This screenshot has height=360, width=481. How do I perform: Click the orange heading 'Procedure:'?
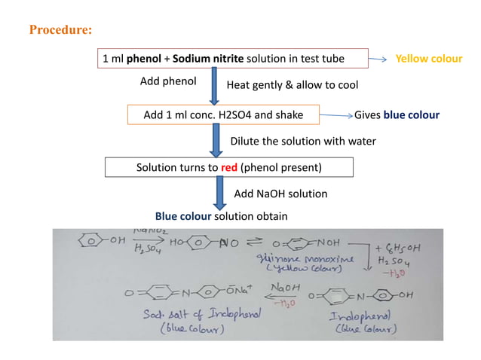pyautogui.click(x=61, y=31)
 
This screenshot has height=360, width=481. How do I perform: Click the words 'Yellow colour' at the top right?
pyautogui.click(x=429, y=58)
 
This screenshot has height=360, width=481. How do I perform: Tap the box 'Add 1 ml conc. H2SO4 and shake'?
pyautogui.click(x=223, y=115)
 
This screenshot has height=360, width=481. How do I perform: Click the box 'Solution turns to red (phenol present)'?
pyautogui.click(x=217, y=167)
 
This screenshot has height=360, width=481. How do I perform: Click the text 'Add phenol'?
pyautogui.click(x=169, y=81)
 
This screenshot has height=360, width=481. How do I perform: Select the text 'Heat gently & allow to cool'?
pyautogui.click(x=293, y=85)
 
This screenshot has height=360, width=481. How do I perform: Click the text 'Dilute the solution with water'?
pyautogui.click(x=302, y=142)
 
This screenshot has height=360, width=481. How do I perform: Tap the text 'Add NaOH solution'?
pyautogui.click(x=280, y=194)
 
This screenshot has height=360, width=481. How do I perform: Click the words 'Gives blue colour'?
pyautogui.click(x=397, y=115)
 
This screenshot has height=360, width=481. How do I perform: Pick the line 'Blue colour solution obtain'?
pyautogui.click(x=221, y=216)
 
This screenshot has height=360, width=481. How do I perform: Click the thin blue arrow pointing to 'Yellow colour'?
pyautogui.click(x=381, y=59)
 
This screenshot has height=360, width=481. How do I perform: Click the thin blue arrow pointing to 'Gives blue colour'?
pyautogui.click(x=336, y=116)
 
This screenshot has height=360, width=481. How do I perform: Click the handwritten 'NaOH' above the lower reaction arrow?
pyautogui.click(x=283, y=285)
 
